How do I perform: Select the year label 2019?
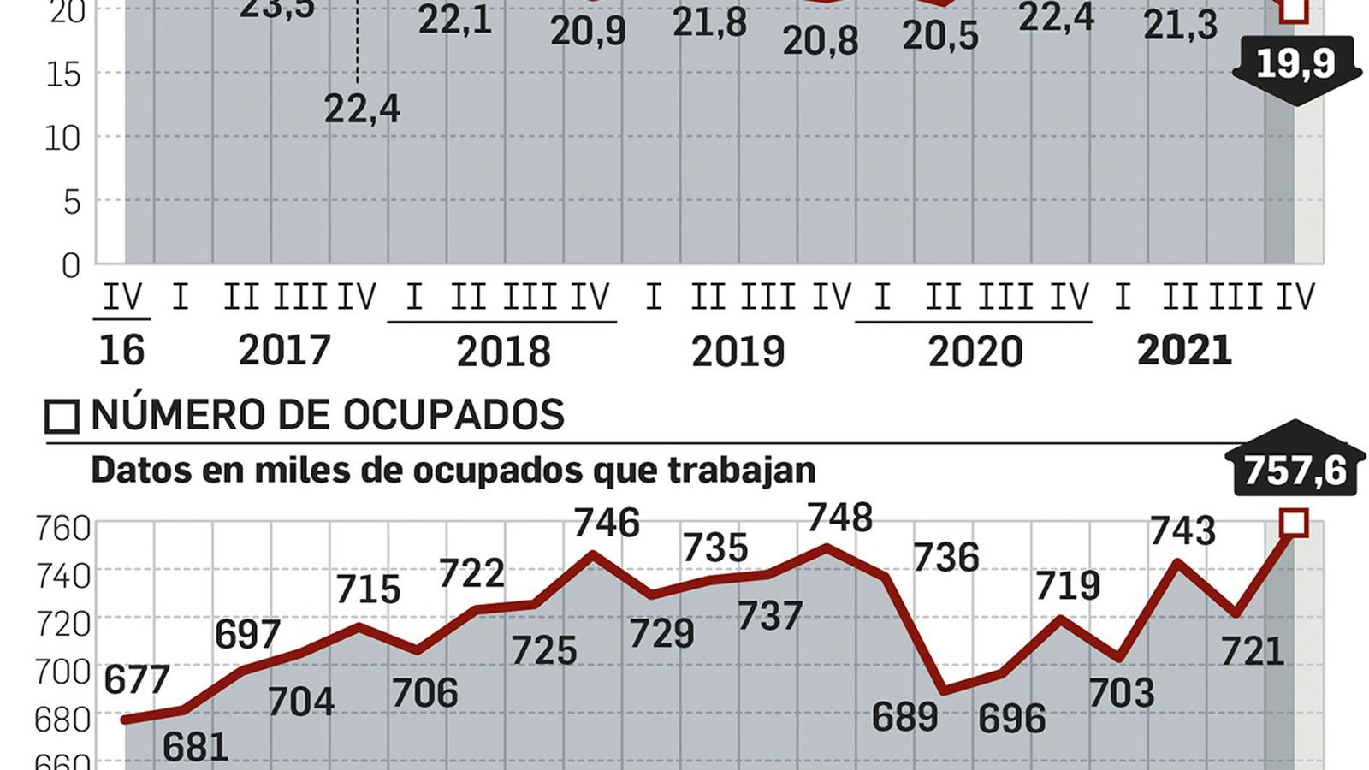point(738,352)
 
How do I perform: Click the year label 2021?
point(1184,351)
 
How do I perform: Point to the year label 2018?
point(503,352)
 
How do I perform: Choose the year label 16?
point(121,351)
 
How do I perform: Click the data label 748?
point(840,518)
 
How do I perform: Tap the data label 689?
point(904,717)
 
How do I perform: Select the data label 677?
point(137,680)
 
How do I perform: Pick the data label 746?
point(607,523)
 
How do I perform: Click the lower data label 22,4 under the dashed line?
point(362,110)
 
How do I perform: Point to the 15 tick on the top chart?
point(64,74)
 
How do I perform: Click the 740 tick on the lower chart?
point(62,576)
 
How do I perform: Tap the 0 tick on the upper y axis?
point(71,266)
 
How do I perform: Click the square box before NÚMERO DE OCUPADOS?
point(62,417)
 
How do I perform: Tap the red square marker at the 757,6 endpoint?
point(1294,523)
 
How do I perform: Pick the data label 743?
point(1182,531)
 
